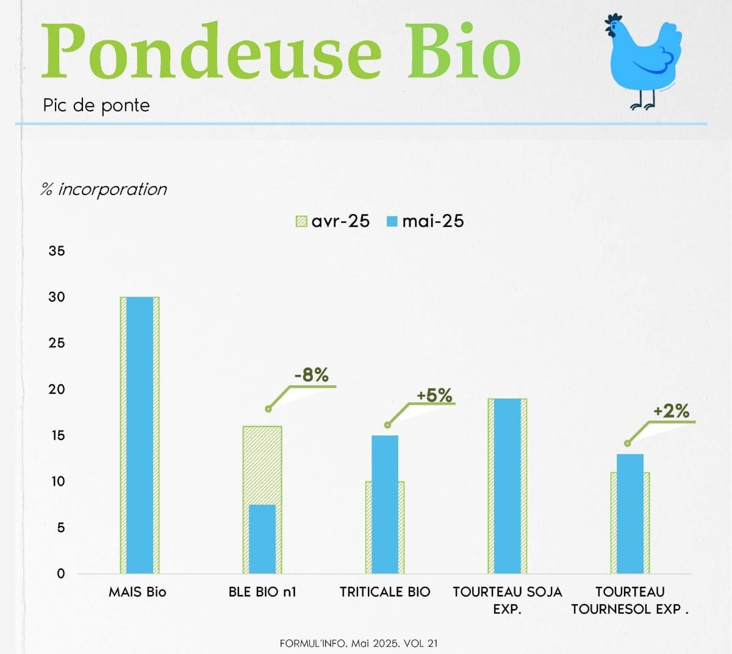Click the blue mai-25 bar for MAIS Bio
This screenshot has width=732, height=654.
[x=140, y=435]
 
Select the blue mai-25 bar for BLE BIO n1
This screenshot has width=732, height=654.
[x=262, y=539]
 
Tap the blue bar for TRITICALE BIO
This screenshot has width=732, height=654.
[x=385, y=505]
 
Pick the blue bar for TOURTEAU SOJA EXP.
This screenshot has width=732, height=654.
[x=508, y=486]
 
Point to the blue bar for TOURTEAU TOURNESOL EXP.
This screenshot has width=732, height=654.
[x=630, y=514]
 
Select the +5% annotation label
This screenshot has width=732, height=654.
[x=434, y=395]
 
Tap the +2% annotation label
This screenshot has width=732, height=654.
[x=671, y=411]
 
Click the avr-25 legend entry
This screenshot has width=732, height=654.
[x=332, y=221]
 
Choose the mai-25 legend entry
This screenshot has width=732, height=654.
[x=425, y=221]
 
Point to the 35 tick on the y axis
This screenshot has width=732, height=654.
[x=57, y=251]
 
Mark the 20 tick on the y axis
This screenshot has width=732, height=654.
[x=57, y=389]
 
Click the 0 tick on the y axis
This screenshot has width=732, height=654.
[x=61, y=574]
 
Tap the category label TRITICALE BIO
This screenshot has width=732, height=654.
[x=385, y=592]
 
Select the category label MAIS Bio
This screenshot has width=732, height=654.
[x=137, y=592]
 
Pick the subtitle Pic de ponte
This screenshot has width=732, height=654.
[x=96, y=105]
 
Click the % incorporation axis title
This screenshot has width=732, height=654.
[x=104, y=189]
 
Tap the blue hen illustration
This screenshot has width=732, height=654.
[x=643, y=62]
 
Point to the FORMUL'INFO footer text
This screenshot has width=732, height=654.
[x=359, y=643]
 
